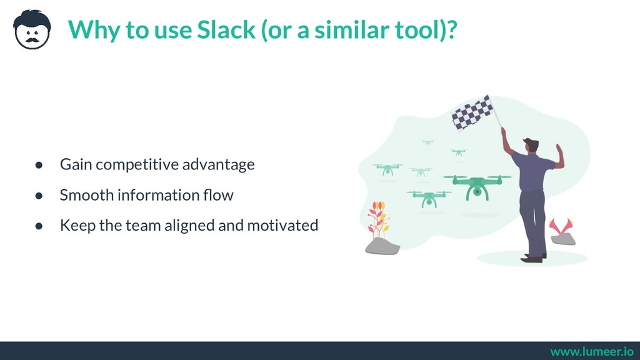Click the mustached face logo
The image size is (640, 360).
pos(32,29)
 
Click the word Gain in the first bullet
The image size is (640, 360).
pos(76,165)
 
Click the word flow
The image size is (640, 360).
pos(219,195)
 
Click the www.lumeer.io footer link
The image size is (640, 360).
pos(591,351)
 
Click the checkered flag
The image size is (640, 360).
pos(472,113)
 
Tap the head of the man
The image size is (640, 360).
pos(531,145)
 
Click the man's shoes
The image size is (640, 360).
pos(532,257)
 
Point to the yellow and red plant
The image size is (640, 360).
pos(377,219)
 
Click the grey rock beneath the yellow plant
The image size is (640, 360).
pos(382,247)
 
